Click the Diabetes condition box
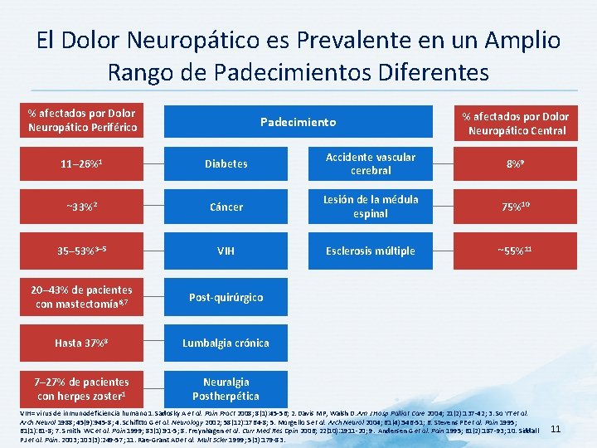[x=226, y=163]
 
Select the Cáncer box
[x=226, y=207]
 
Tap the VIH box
[x=226, y=251]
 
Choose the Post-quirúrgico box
[x=226, y=297]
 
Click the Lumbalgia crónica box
[x=226, y=342]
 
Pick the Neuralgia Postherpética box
[x=226, y=389]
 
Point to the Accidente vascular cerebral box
[x=370, y=163]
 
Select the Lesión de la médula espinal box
[x=370, y=207]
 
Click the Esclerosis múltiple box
[x=370, y=251]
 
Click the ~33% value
[x=81, y=207]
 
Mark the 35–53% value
[x=81, y=251]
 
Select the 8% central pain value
[x=515, y=163]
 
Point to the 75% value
[x=515, y=207]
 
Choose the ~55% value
[x=515, y=251]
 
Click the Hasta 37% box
[x=81, y=342]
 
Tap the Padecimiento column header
[x=298, y=121]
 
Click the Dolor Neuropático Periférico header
[x=81, y=121]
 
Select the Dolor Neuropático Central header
[x=515, y=123]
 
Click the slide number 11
[x=556, y=429]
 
